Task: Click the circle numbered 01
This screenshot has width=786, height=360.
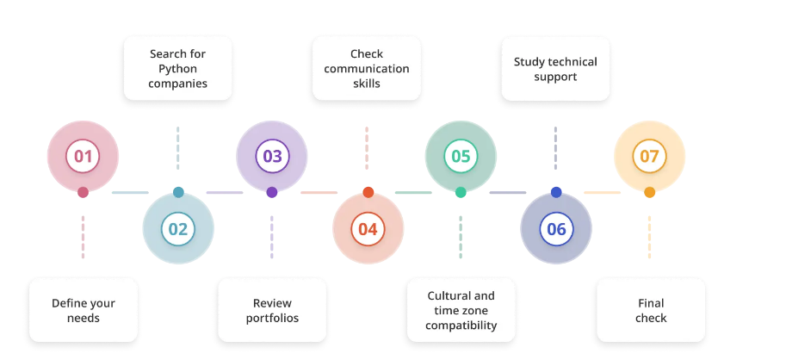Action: (x=83, y=157)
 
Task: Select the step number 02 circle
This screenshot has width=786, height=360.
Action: (x=178, y=229)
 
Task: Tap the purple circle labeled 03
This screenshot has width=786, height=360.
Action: (x=272, y=157)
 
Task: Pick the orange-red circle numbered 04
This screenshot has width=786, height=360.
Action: (x=368, y=229)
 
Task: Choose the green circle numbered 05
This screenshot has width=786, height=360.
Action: (x=461, y=157)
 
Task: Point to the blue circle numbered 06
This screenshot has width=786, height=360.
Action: (x=556, y=229)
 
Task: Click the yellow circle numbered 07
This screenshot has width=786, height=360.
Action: (x=649, y=157)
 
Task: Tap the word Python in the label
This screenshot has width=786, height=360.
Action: (x=177, y=69)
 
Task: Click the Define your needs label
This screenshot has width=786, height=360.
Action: (x=84, y=310)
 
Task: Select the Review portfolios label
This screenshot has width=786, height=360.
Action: (x=272, y=310)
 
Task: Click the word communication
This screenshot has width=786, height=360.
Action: (x=367, y=69)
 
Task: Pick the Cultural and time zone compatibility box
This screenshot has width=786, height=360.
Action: (x=461, y=310)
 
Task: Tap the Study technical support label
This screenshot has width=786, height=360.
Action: (x=555, y=69)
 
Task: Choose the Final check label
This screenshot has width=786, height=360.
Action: (x=651, y=310)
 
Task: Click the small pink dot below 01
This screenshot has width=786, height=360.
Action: (x=83, y=192)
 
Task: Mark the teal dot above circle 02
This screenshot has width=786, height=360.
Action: (x=178, y=192)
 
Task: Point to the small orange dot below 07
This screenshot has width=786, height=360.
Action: (x=649, y=192)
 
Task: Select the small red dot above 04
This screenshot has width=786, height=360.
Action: (x=368, y=192)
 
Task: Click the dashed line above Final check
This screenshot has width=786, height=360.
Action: (x=650, y=237)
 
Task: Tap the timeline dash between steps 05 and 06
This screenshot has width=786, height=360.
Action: (x=508, y=192)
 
